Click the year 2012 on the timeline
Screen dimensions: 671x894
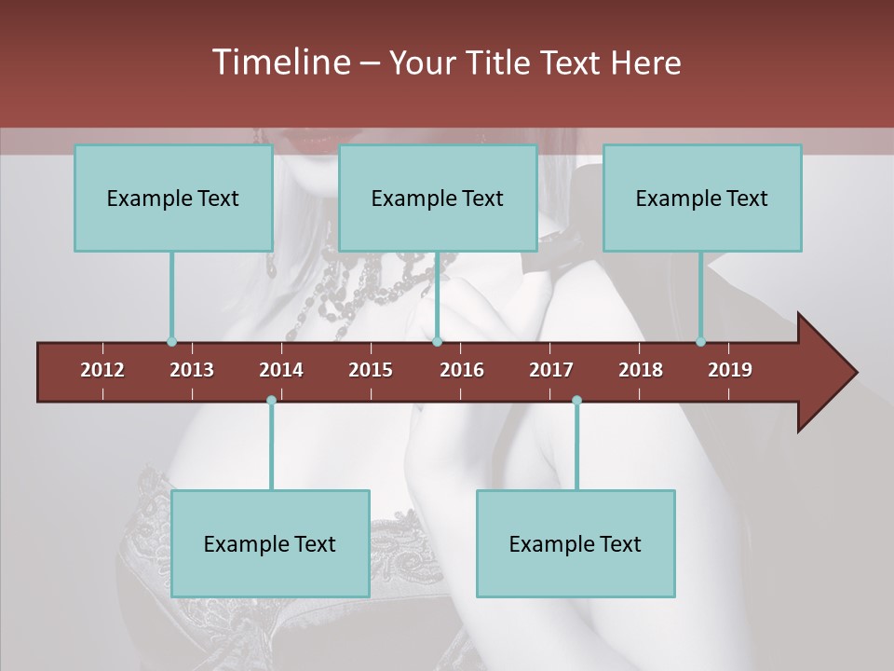[102, 370]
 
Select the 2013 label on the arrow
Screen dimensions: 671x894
[192, 370]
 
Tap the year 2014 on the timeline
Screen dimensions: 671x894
[281, 370]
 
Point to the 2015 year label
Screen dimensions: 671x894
[371, 370]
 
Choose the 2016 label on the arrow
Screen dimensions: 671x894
[462, 370]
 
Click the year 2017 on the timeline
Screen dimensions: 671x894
[551, 370]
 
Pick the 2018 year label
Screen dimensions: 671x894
[641, 370]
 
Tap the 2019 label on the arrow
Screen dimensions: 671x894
[730, 370]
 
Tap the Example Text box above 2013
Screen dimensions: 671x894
[173, 198]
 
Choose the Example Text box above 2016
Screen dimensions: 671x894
[438, 198]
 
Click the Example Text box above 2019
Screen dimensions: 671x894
[702, 198]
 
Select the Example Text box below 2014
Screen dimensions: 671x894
[270, 543]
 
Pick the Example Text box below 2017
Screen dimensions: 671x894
[576, 543]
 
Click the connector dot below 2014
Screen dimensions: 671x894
[271, 400]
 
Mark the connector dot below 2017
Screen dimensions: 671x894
[576, 400]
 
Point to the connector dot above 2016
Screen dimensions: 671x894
[437, 342]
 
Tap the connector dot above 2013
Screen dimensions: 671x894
[171, 342]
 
